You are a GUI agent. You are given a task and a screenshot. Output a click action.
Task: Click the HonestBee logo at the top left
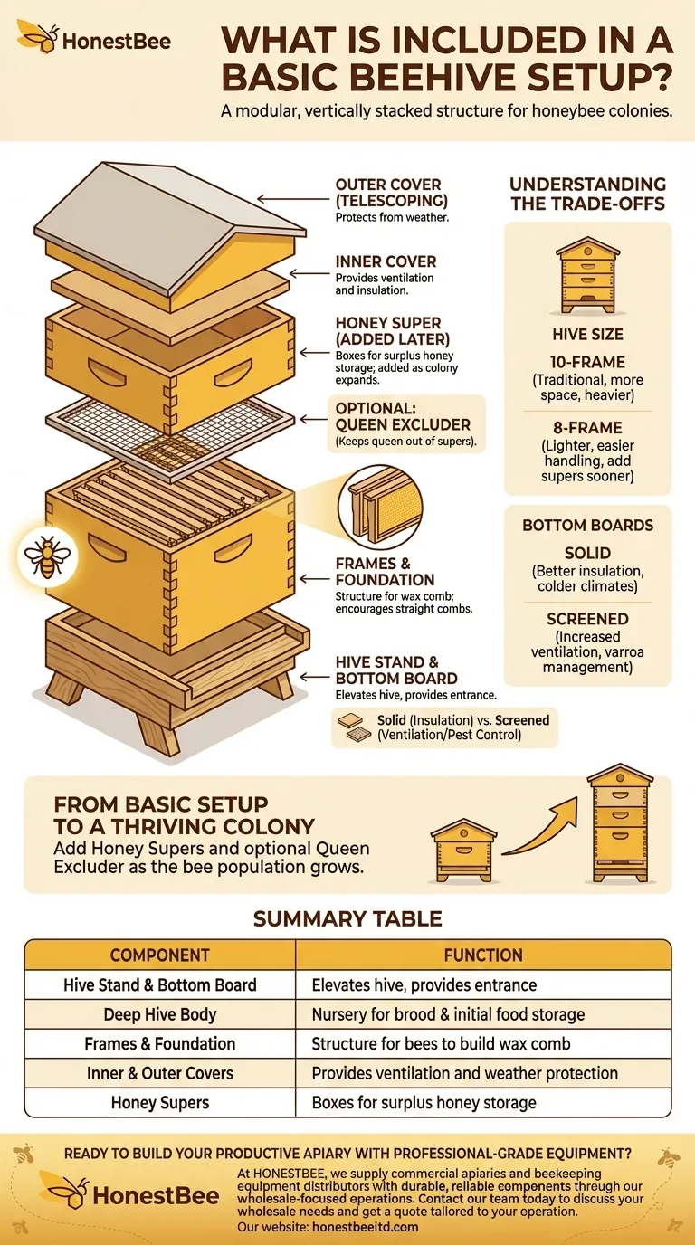[x=93, y=38]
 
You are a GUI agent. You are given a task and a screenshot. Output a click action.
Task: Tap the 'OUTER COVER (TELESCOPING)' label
[x=392, y=193]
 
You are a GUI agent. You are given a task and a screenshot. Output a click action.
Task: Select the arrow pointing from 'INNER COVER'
[x=309, y=273]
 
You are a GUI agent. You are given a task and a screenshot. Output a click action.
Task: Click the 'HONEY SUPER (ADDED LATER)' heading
[x=393, y=331]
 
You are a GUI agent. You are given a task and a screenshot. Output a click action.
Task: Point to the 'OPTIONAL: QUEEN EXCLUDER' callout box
[x=406, y=423]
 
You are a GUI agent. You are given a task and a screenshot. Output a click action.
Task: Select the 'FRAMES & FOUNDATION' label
[x=385, y=571]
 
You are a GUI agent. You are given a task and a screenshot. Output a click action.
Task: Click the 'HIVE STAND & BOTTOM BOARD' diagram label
[x=395, y=670]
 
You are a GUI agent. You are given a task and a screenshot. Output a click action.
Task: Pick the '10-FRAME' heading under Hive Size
[x=587, y=362]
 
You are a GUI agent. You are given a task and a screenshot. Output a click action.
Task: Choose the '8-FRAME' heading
[x=587, y=427]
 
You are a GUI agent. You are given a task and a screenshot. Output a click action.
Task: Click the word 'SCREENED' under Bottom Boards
[x=587, y=619]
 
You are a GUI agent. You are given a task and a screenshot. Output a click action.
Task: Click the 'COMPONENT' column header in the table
[x=159, y=955]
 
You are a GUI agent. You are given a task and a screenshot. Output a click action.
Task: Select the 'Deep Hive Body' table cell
[x=159, y=1014]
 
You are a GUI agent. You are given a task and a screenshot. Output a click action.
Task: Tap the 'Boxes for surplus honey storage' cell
[x=424, y=1103]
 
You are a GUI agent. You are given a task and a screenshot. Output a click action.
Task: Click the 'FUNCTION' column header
[x=483, y=955]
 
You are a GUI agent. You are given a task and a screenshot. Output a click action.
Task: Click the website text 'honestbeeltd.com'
[x=366, y=1227]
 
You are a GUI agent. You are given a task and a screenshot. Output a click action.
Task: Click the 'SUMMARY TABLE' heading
[x=347, y=918]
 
